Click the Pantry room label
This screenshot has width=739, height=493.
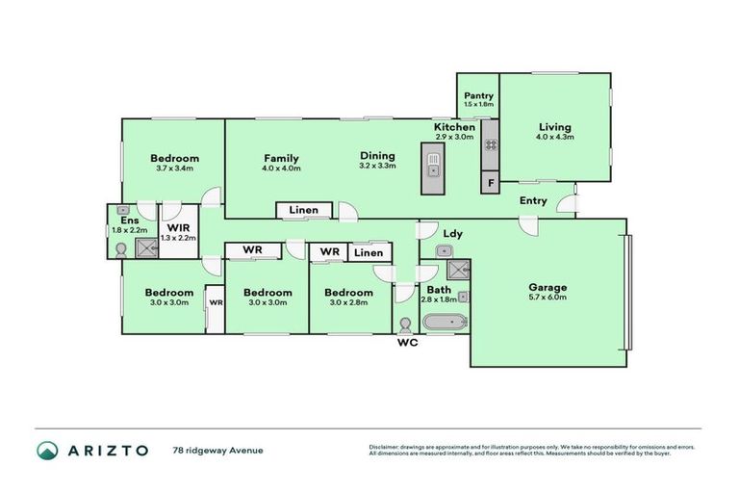point(478,95)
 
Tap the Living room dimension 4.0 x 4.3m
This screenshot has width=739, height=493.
point(554,137)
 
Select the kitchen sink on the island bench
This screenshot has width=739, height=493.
point(434,170)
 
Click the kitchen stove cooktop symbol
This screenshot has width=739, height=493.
point(490,145)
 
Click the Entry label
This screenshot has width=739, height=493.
point(533,201)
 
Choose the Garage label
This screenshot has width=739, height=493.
point(547,287)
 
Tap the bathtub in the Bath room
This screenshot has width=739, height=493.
point(444,322)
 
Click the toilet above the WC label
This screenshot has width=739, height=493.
point(405,325)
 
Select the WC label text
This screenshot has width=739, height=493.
point(405,342)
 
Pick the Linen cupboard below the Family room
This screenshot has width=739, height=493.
point(303,210)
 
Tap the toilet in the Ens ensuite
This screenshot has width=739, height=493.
point(120,249)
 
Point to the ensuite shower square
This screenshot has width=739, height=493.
point(145,249)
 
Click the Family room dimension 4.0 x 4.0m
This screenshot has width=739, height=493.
point(281,169)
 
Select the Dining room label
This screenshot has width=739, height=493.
point(377,156)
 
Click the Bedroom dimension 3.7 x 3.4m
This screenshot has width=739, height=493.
point(174,169)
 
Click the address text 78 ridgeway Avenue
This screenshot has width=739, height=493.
point(217,450)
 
